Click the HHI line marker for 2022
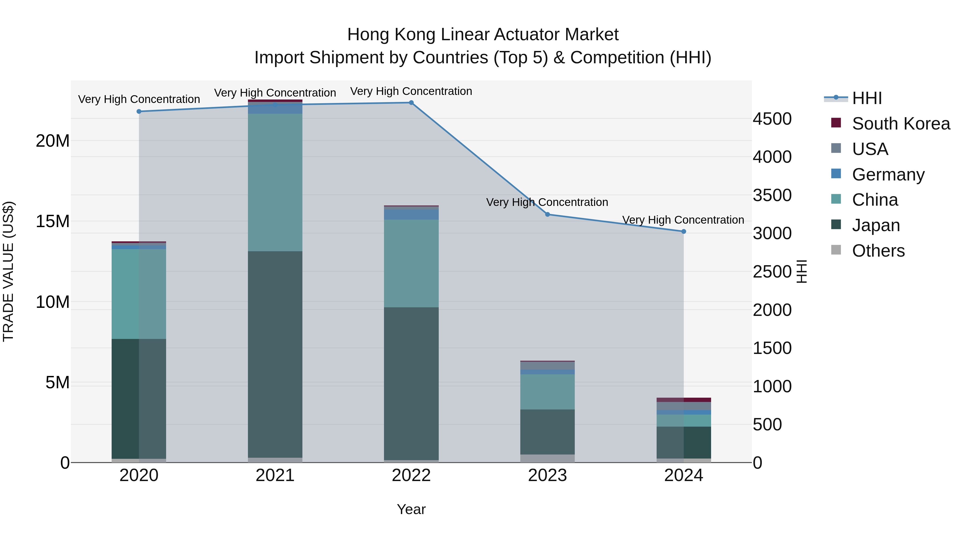click(x=411, y=103)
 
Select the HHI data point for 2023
click(x=547, y=214)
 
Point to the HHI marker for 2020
click(x=139, y=111)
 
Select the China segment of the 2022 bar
click(x=411, y=263)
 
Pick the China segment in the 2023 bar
click(x=547, y=391)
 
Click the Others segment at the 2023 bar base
click(x=547, y=458)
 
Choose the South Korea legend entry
click(x=901, y=124)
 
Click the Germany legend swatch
click(x=836, y=174)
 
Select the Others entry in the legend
click(x=878, y=251)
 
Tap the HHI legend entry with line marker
click(x=867, y=98)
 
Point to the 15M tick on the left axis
click(x=53, y=221)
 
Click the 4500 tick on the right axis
click(x=772, y=119)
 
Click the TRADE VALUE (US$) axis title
click(x=8, y=271)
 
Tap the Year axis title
click(x=411, y=509)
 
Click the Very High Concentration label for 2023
click(x=547, y=202)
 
